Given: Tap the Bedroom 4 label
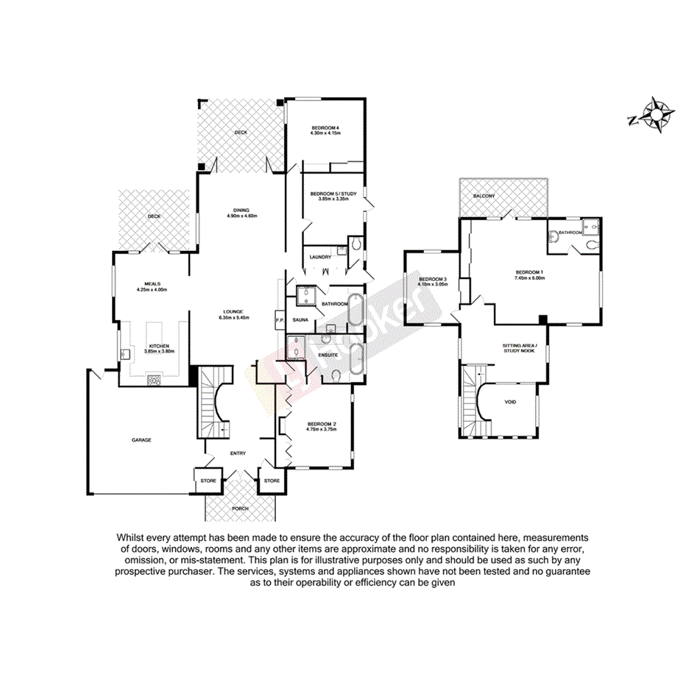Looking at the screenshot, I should click(325, 127).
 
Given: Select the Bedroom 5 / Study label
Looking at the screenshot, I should click(329, 193).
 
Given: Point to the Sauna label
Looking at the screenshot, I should click(300, 320).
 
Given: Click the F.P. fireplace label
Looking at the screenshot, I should click(279, 320).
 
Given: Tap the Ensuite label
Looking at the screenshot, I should click(328, 354).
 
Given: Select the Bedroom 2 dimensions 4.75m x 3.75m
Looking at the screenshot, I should click(322, 429).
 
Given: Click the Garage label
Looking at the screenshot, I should click(141, 440).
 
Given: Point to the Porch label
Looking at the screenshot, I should click(240, 509).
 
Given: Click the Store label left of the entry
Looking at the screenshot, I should click(208, 481).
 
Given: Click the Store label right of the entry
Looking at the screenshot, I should click(272, 481).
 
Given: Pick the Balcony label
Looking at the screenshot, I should click(484, 196).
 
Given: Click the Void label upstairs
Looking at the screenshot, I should click(510, 403).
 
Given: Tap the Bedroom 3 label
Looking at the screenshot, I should click(433, 279).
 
